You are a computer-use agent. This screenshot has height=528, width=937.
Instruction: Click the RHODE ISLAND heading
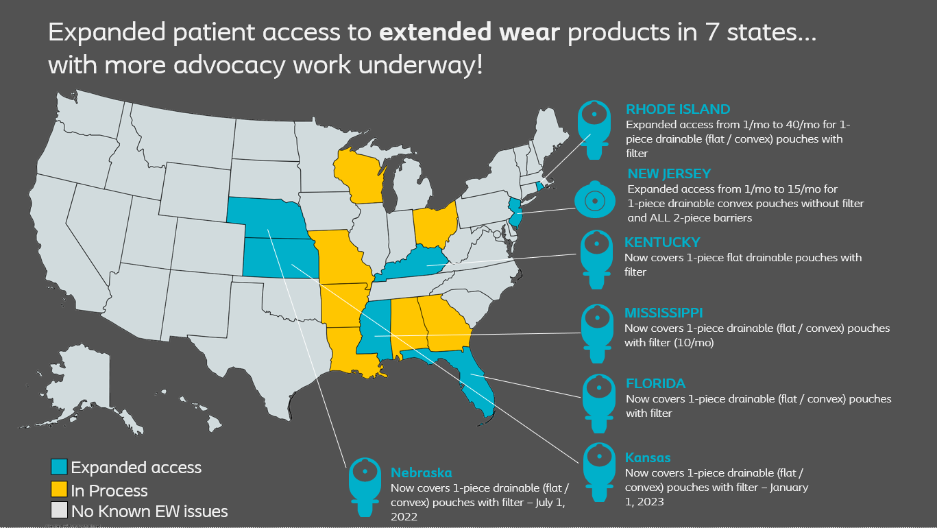click(x=677, y=109)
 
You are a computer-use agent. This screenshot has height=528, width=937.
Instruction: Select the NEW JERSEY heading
click(x=668, y=173)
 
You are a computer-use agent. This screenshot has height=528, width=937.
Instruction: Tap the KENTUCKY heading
click(x=662, y=242)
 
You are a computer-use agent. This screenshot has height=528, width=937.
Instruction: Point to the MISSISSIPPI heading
click(x=664, y=313)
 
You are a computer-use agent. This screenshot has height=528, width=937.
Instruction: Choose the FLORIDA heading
click(x=655, y=383)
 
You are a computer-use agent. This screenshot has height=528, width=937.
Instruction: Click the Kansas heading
click(x=648, y=457)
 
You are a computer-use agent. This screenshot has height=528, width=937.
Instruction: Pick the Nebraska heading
click(x=421, y=472)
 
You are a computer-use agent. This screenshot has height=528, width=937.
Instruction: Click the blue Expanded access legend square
click(x=59, y=468)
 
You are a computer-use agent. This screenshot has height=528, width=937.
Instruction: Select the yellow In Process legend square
click(x=59, y=490)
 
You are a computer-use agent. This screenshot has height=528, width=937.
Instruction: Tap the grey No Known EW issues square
click(x=59, y=511)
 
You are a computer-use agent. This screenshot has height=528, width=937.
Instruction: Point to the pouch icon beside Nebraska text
click(x=365, y=486)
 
